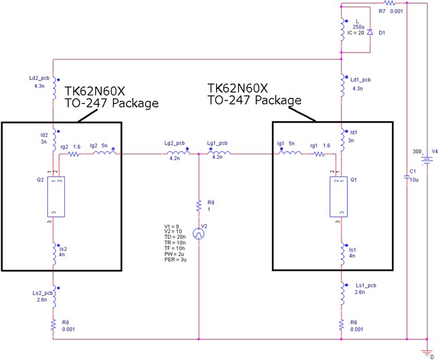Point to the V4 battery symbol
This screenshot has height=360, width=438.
click(x=426, y=158)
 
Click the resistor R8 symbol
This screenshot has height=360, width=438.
click(x=54, y=327)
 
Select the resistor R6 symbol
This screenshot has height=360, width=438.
click(x=341, y=327)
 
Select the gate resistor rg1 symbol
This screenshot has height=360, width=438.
click(x=317, y=154)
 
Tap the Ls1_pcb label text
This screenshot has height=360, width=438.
click(x=367, y=284)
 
